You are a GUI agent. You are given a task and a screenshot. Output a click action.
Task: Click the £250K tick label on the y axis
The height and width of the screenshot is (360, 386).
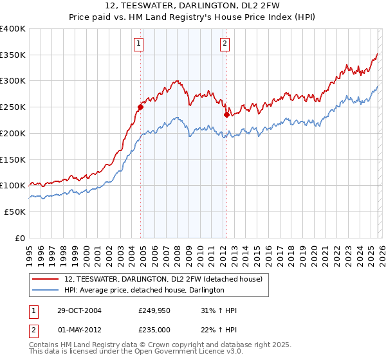pyautogui.click(x=12, y=107)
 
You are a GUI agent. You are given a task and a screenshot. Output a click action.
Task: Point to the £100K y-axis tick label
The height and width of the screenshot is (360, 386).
pyautogui.click(x=12, y=186)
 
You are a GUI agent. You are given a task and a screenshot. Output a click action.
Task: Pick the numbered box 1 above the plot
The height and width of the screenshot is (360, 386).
pyautogui.click(x=139, y=44)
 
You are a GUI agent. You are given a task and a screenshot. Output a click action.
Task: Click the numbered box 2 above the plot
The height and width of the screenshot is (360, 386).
pyautogui.click(x=225, y=44)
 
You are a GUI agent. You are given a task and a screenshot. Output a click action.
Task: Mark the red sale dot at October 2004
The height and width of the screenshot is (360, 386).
pyautogui.click(x=140, y=107)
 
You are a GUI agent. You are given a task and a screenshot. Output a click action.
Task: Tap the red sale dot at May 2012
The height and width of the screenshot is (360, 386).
pyautogui.click(x=226, y=115)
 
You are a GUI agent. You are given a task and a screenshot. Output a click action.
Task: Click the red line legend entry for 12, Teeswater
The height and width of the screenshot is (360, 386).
pyautogui.click(x=163, y=279)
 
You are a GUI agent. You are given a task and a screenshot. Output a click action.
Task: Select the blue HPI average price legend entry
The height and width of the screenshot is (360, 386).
pyautogui.click(x=143, y=291)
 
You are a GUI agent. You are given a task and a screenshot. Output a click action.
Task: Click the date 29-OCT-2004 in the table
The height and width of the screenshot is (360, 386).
pyautogui.click(x=78, y=310)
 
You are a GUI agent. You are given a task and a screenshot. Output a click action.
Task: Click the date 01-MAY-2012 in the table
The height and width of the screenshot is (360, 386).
pyautogui.click(x=78, y=328)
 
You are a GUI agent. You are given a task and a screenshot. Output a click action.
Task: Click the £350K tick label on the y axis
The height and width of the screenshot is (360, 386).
pyautogui.click(x=12, y=55)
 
